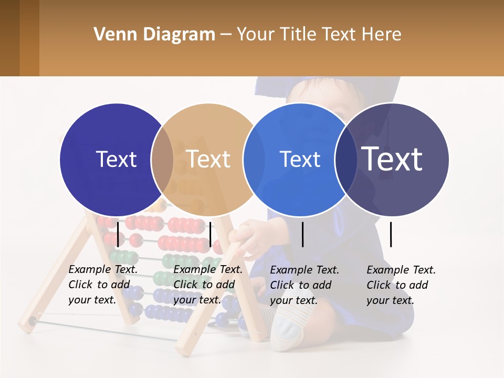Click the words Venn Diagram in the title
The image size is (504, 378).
coord(154,35)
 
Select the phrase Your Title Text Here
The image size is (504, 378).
coord(319,35)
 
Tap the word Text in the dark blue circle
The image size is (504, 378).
coord(116,159)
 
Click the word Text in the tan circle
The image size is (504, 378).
coord(208,159)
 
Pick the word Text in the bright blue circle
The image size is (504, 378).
coord(300,159)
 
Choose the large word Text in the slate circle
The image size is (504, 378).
coord(392,159)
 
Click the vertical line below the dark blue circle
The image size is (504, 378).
coord(118,234)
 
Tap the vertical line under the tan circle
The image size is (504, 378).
coord(210,234)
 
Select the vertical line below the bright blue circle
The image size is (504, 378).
coord(303,234)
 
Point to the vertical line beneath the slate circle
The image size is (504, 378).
coord(391,234)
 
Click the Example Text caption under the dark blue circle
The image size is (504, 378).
coord(103,285)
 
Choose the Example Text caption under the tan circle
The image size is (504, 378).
coord(208,285)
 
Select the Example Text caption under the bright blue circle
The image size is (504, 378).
coord(304,285)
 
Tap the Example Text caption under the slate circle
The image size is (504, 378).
coord(401,285)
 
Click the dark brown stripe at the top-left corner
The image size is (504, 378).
coord(9,38)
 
